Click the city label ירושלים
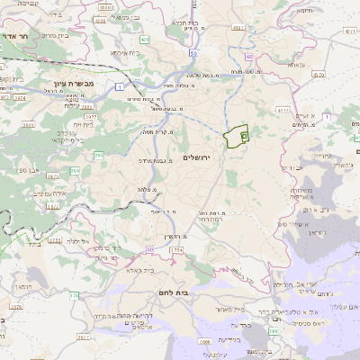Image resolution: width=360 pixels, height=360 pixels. tap(195, 157)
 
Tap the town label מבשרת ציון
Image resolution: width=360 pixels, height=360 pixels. tap(62, 81)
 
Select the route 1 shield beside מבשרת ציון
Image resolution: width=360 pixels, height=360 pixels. tap(119, 86)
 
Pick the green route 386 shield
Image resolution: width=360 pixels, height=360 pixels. tap(74, 169)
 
